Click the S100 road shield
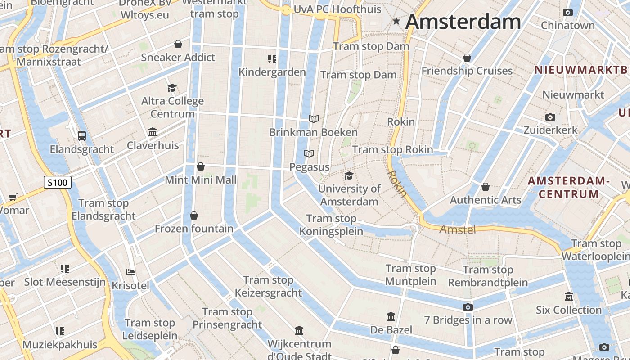point(57,182)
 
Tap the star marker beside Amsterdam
point(396,21)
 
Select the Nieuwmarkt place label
point(573,95)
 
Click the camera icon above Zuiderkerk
point(550,117)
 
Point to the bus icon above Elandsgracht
point(82,135)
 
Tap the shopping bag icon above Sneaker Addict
point(178,44)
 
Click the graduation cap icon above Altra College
point(172,88)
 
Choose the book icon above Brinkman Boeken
point(314,119)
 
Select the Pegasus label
point(309,167)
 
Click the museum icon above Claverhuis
point(153,132)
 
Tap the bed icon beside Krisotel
point(130,272)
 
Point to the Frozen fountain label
point(194,229)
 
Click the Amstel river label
point(457,229)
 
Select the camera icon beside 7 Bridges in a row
point(468,307)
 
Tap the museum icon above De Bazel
point(391,317)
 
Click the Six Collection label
point(568,310)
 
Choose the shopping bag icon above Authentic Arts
point(486,187)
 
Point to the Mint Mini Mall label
point(200,180)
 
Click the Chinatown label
point(567,25)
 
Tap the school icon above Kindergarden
point(272,59)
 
